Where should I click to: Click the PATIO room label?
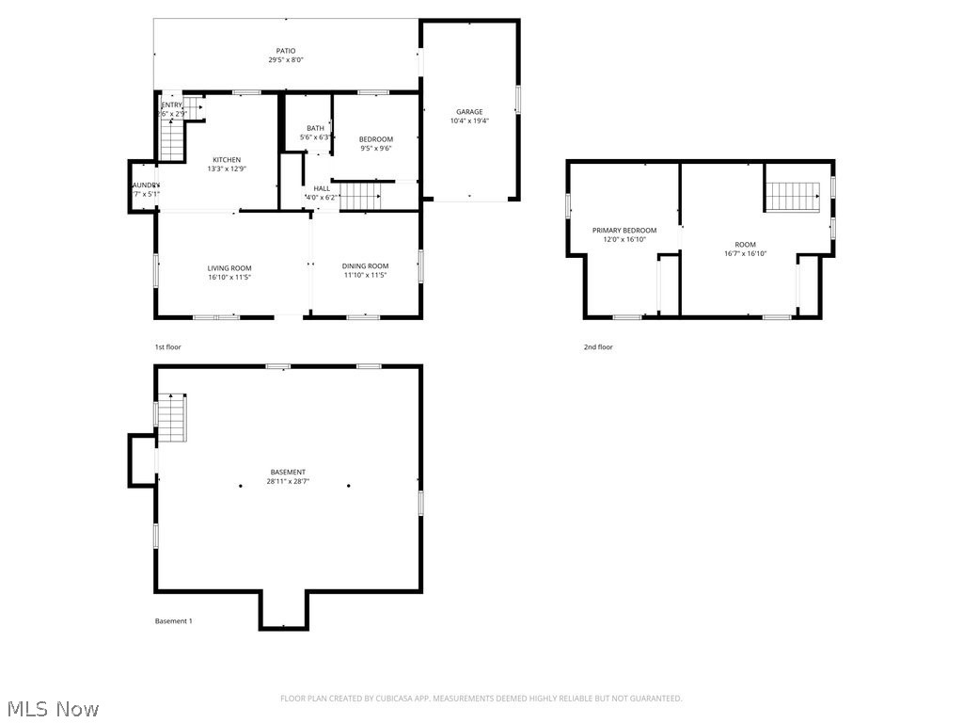pyautogui.click(x=285, y=51)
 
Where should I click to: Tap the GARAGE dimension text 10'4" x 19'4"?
pyautogui.click(x=469, y=120)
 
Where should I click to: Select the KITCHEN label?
pyautogui.click(x=226, y=159)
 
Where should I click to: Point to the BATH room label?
pyautogui.click(x=315, y=128)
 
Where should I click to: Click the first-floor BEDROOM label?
pyautogui.click(x=375, y=139)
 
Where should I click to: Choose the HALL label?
pyautogui.click(x=322, y=188)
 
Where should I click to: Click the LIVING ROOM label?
pyautogui.click(x=229, y=268)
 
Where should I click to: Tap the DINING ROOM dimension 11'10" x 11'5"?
pyautogui.click(x=365, y=275)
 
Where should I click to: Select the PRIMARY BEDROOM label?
pyautogui.click(x=624, y=230)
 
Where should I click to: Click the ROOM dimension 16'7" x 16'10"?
pyautogui.click(x=745, y=253)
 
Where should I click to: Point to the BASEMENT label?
pyautogui.click(x=287, y=472)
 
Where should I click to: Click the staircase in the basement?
pyautogui.click(x=172, y=419)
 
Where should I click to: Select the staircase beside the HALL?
pyautogui.click(x=359, y=197)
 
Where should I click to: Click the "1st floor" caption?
pyautogui.click(x=168, y=346)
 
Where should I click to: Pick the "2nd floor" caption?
pyautogui.click(x=597, y=346)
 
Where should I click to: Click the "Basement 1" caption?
pyautogui.click(x=173, y=620)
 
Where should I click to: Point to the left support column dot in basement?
pyautogui.click(x=241, y=486)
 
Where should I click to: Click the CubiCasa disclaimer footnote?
pyautogui.click(x=481, y=698)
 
